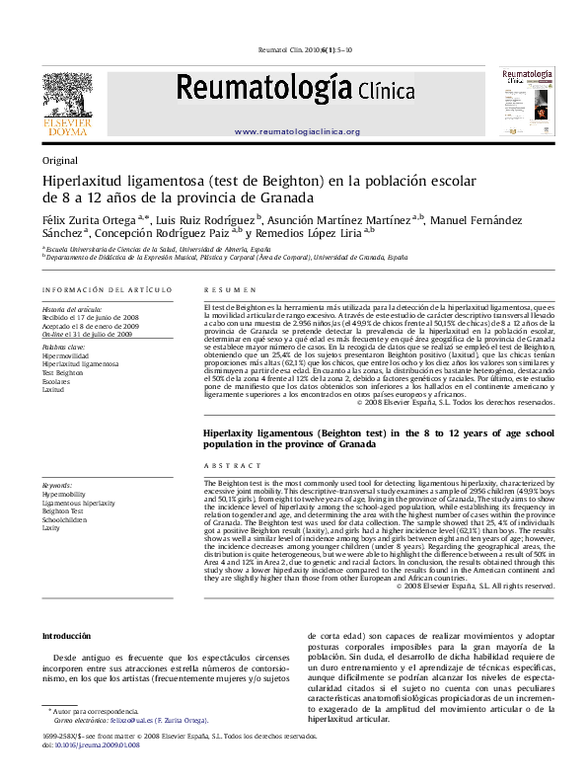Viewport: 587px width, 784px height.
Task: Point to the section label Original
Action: click(x=58, y=160)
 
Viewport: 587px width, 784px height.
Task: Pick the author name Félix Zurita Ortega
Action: click(x=88, y=218)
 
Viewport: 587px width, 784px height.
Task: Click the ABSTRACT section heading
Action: click(x=225, y=465)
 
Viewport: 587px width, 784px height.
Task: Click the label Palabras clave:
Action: click(x=63, y=349)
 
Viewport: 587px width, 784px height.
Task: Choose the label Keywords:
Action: click(x=57, y=486)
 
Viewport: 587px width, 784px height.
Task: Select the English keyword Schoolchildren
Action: click(x=66, y=519)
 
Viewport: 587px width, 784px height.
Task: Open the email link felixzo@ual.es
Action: click(x=124, y=721)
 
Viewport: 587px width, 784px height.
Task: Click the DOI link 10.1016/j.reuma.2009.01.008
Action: click(x=98, y=745)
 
